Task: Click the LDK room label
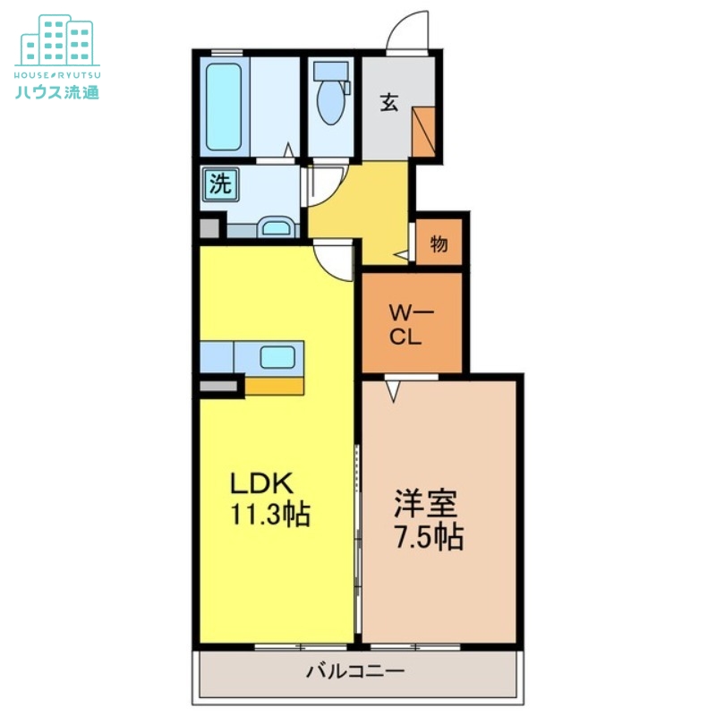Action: coord(261,483)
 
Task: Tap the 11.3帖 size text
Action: coord(270,515)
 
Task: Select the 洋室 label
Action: coord(426,503)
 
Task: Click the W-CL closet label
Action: coord(411,325)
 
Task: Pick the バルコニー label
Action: coord(355,671)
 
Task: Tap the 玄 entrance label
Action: coord(389,102)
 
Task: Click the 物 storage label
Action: coord(439,244)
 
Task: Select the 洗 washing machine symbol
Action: coord(221,184)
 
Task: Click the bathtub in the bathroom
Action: coord(224,107)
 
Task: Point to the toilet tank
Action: coord(331,72)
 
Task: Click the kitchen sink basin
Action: coord(277,356)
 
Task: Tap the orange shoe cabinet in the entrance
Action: coord(423,132)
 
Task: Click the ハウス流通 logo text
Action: coord(57,92)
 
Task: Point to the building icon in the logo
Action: coord(57,40)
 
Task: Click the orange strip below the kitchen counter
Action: coord(275,387)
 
